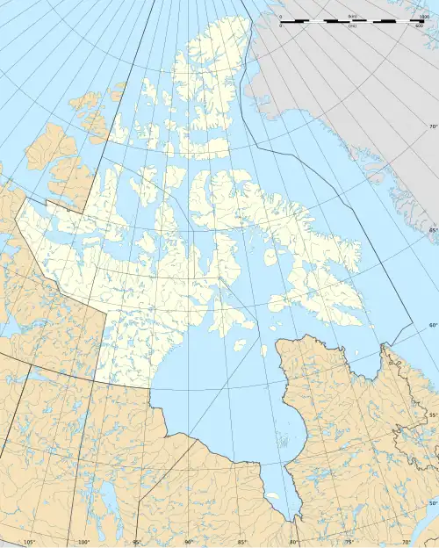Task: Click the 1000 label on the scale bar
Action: point(424,17)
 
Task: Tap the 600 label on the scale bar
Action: point(420,25)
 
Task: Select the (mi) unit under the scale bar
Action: point(352,25)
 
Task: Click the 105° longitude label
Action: point(30,542)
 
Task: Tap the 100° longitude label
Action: point(84,542)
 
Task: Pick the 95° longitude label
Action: point(137,542)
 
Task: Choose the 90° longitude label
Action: point(189,542)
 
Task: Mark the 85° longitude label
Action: point(241,542)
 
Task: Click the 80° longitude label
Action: point(293,542)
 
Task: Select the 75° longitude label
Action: point(346,542)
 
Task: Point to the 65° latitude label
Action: point(432,230)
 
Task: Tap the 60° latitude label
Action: point(432,326)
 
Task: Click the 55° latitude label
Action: point(432,414)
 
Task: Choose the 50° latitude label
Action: point(432,502)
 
